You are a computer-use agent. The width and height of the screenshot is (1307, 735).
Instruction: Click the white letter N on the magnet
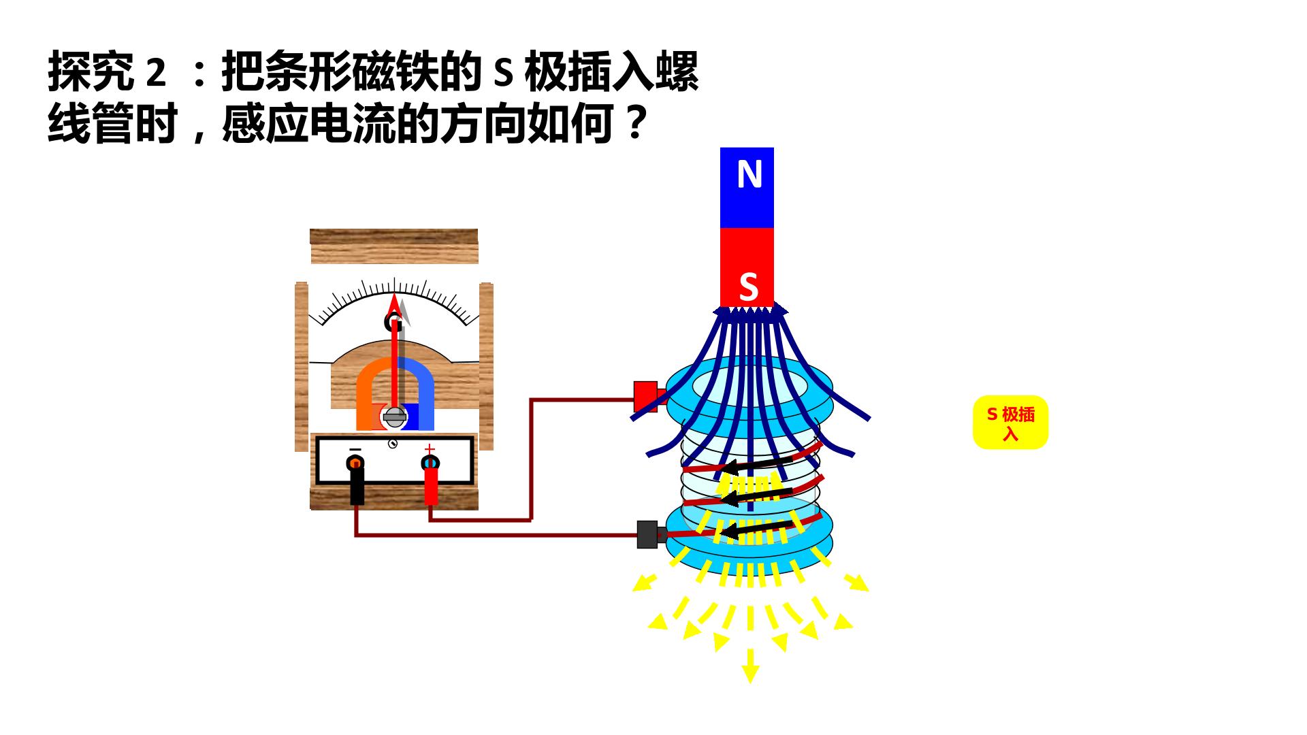click(x=749, y=174)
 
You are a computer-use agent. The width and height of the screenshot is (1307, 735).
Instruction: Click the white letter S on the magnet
click(x=748, y=287)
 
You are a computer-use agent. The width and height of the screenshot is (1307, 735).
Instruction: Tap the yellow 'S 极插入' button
click(x=1010, y=422)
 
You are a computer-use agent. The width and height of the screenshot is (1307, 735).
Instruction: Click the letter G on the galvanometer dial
click(x=393, y=322)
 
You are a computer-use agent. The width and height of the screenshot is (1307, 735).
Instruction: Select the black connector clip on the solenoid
click(x=648, y=535)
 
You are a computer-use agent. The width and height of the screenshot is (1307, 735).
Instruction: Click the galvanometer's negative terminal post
click(x=355, y=463)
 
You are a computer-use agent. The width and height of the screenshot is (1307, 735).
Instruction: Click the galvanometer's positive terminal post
click(x=430, y=463)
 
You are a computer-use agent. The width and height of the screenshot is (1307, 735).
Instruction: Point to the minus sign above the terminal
click(x=355, y=450)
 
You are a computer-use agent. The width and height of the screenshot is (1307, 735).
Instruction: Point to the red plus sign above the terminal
click(x=430, y=449)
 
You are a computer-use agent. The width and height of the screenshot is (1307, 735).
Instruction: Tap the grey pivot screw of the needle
click(x=394, y=416)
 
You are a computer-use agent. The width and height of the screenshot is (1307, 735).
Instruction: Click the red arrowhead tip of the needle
click(x=393, y=294)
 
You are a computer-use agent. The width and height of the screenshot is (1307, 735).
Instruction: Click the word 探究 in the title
click(x=91, y=73)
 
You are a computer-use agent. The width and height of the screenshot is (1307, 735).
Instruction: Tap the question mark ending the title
click(x=634, y=123)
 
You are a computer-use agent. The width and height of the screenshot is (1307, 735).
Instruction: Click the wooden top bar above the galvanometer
click(x=394, y=246)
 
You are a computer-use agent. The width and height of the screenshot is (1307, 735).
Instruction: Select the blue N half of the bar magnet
click(x=747, y=188)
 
